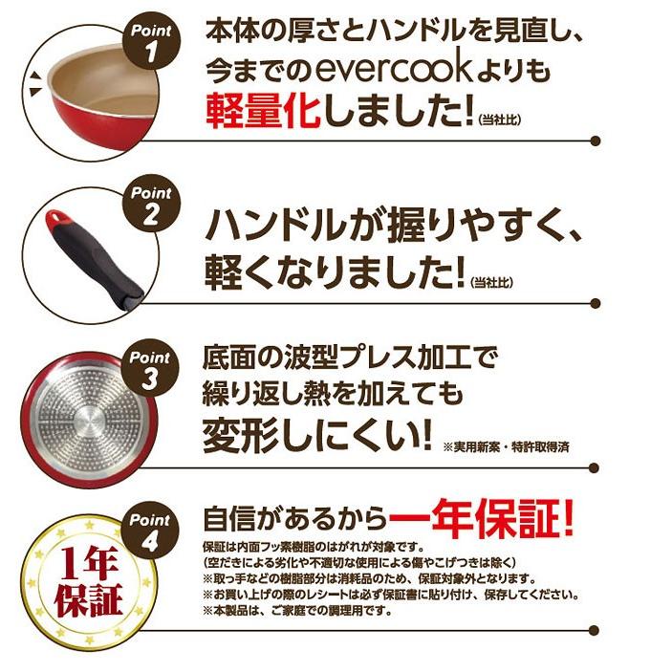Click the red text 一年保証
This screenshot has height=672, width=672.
481,521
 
